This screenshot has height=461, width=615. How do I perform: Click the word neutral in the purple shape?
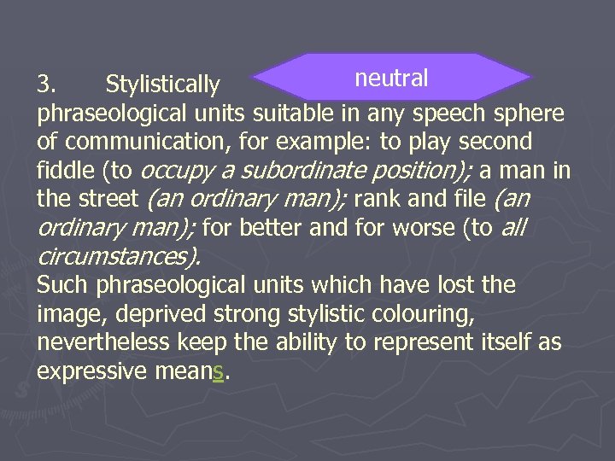391,79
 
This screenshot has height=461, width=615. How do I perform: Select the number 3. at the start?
47,85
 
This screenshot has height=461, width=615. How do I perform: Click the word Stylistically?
162,85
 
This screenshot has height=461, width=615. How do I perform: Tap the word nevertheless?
105,342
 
